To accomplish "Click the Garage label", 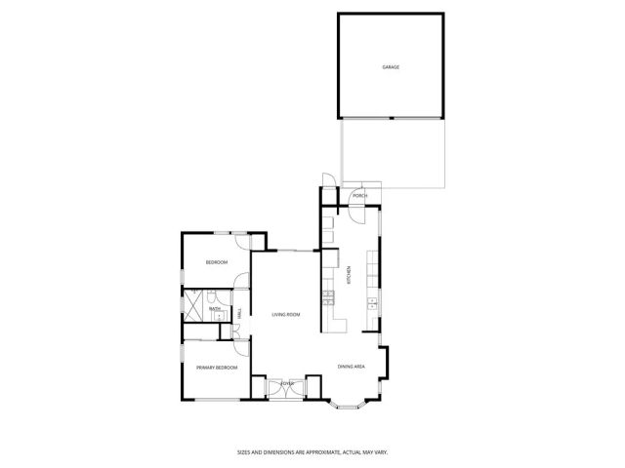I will pyautogui.click(x=391, y=67).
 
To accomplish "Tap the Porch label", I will pyautogui.click(x=360, y=196).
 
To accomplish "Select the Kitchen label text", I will pyautogui.click(x=349, y=276).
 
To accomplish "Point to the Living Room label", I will pyautogui.click(x=285, y=314).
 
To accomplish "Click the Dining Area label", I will pyautogui.click(x=352, y=367).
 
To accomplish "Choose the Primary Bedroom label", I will pyautogui.click(x=214, y=368).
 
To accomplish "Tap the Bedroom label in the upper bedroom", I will pyautogui.click(x=216, y=262).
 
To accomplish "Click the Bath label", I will pyautogui.click(x=214, y=310).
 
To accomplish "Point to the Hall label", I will pyautogui.click(x=239, y=312).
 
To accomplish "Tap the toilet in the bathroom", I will pyautogui.click(x=219, y=295).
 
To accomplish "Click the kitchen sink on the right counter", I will pyautogui.click(x=372, y=305).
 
